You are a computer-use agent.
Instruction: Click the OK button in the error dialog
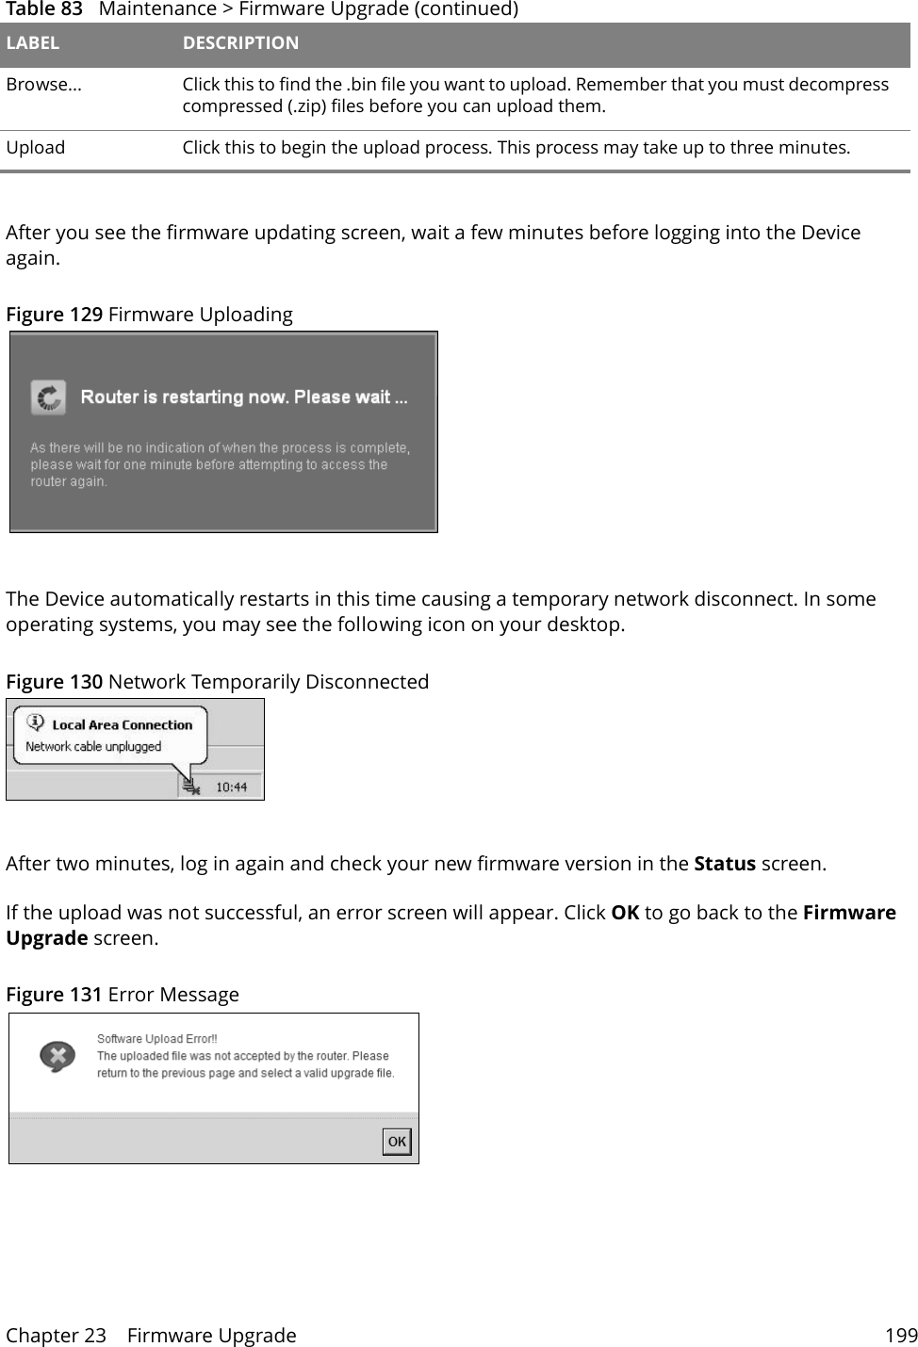point(397,1142)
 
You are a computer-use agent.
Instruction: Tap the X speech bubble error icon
point(57,1056)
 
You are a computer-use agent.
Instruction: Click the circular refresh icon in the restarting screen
point(48,398)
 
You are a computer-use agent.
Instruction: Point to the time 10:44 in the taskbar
point(232,787)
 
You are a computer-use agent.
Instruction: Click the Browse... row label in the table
point(43,85)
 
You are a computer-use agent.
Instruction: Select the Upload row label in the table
point(36,148)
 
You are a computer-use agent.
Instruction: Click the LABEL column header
point(33,43)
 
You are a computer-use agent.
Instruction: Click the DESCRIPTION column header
point(240,43)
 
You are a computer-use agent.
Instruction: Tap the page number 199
point(900,1335)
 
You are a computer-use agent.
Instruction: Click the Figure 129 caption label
point(55,315)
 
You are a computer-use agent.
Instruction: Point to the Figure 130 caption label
point(55,682)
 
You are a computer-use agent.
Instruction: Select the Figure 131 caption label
point(55,995)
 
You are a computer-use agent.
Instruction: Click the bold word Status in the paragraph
point(724,864)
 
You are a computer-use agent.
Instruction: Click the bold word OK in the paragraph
point(625,913)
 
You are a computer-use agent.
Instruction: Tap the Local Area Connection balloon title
point(122,724)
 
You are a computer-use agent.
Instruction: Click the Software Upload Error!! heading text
point(156,1038)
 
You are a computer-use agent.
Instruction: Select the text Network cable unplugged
point(93,746)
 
